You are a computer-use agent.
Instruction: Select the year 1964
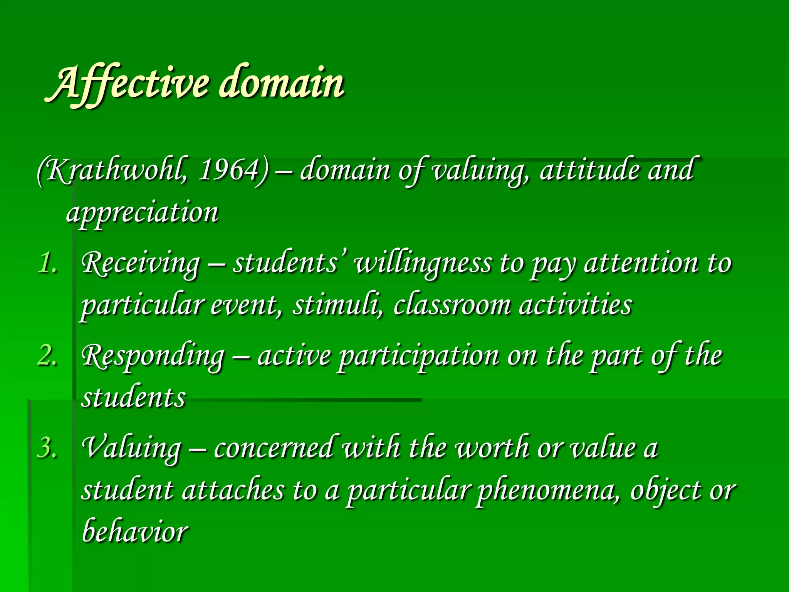pos(227,170)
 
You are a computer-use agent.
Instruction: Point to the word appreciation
pos(143,213)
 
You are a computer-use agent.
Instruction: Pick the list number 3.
pos(47,448)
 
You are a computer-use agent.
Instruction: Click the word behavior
pos(135,531)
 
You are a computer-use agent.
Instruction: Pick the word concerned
pos(274,448)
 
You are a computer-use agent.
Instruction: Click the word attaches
pos(233,490)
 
